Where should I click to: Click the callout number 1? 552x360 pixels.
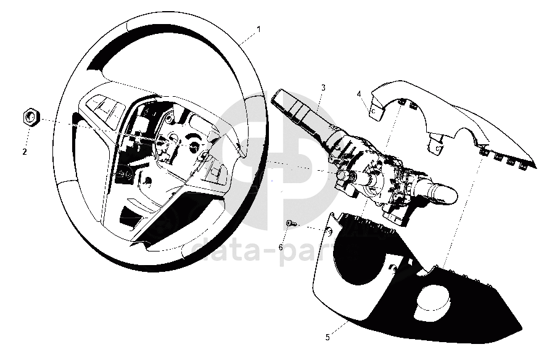pyautogui.click(x=258, y=29)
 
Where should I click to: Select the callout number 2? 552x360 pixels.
pyautogui.click(x=25, y=151)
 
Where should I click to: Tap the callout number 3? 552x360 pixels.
pyautogui.click(x=323, y=88)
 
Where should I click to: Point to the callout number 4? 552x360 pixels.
pyautogui.click(x=359, y=94)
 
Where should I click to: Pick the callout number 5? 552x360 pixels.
pyautogui.click(x=327, y=337)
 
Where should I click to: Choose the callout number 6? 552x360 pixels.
pyautogui.click(x=281, y=247)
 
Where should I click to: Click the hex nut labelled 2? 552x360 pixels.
pyautogui.click(x=31, y=117)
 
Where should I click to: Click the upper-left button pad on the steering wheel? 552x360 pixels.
pyautogui.click(x=105, y=108)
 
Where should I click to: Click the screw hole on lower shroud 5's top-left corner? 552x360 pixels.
pyautogui.click(x=327, y=231)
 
